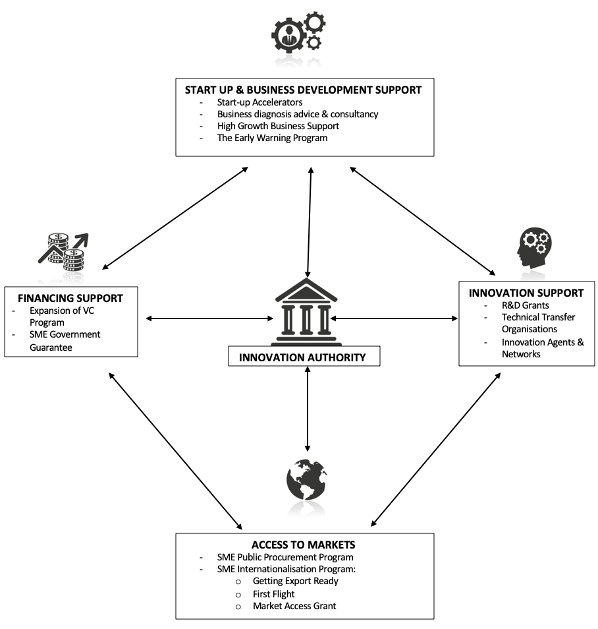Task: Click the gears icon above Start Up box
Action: click(x=298, y=34)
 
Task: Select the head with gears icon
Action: click(x=534, y=248)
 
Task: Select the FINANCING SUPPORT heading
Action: click(x=70, y=298)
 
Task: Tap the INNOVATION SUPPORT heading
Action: click(x=526, y=293)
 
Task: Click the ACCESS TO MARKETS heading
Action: click(x=304, y=545)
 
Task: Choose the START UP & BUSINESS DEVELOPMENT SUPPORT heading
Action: click(x=303, y=90)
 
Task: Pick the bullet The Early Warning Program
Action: click(x=272, y=138)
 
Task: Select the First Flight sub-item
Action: click(x=274, y=593)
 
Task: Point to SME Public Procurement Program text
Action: click(x=285, y=557)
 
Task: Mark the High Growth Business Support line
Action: click(x=278, y=126)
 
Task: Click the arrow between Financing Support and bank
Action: click(x=209, y=319)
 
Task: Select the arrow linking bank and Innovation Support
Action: click(x=395, y=319)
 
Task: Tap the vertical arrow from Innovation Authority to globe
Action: click(x=308, y=409)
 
